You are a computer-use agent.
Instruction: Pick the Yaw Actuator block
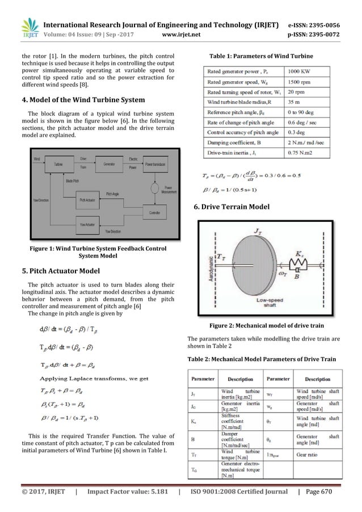90,225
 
